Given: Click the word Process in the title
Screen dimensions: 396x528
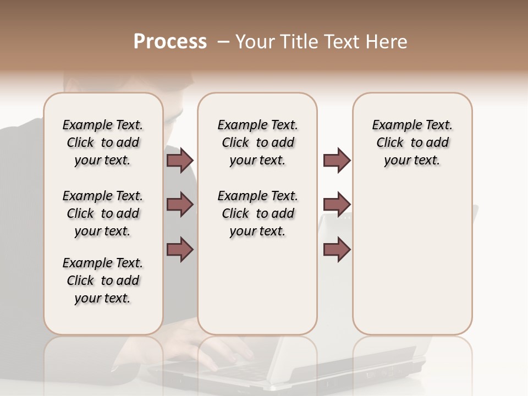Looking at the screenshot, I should point(170,42).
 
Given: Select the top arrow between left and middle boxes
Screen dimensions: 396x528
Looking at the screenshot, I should point(180,160).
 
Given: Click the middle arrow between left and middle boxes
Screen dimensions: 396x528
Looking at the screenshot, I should point(180,205).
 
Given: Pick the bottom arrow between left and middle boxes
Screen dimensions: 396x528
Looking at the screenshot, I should point(180,249).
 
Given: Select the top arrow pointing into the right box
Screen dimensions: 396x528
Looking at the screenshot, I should point(337,160).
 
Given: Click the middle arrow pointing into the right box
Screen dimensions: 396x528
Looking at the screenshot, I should point(337,205).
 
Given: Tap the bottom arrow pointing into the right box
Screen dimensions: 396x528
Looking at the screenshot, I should point(337,249).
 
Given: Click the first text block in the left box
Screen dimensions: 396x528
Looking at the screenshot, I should point(103,142).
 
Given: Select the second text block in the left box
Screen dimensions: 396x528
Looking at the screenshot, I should point(103,213).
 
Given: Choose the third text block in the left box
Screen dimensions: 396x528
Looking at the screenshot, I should point(103,280).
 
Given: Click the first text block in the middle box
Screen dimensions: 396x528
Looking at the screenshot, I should point(258,142).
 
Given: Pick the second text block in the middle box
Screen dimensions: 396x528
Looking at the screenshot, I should point(258,213).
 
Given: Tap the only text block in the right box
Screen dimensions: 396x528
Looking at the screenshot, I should point(413,142).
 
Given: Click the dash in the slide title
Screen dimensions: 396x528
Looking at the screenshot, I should point(223,42).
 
